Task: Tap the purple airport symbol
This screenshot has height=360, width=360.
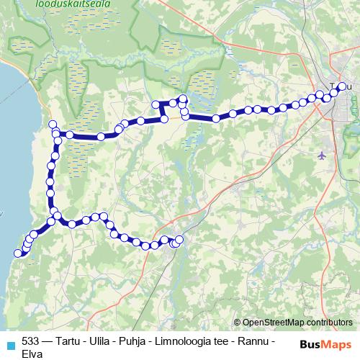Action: click(x=321, y=154)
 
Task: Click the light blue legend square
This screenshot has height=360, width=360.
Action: click(x=10, y=344)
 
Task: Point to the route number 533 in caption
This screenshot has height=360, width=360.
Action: click(x=31, y=341)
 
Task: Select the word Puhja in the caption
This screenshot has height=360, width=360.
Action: click(x=141, y=341)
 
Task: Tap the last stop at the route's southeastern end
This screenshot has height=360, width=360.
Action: click(x=179, y=239)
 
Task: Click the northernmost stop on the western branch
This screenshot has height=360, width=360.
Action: click(x=53, y=125)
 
